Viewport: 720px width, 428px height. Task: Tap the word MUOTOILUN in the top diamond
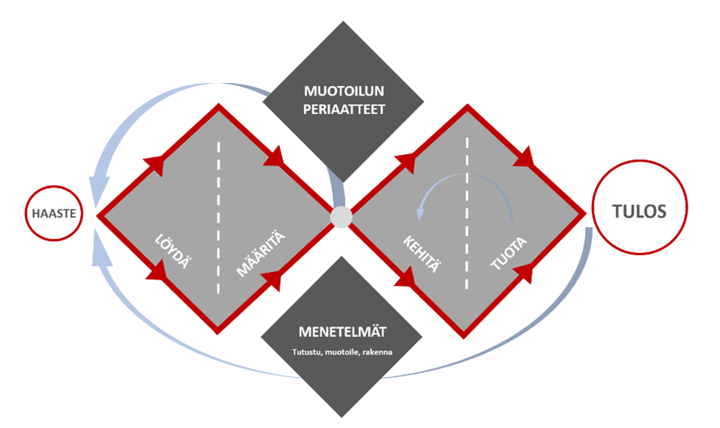coord(344,91)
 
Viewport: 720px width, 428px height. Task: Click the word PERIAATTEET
coord(344,110)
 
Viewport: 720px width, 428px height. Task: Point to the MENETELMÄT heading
coord(343,332)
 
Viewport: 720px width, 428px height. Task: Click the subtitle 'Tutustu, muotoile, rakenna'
coord(342,352)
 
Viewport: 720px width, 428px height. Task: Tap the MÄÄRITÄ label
coord(260,255)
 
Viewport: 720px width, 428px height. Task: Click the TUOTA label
coord(508,254)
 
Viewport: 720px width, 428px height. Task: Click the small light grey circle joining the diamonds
coord(341,217)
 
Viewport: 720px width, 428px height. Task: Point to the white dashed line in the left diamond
coord(218,218)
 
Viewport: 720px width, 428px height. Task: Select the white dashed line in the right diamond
coord(467,213)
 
